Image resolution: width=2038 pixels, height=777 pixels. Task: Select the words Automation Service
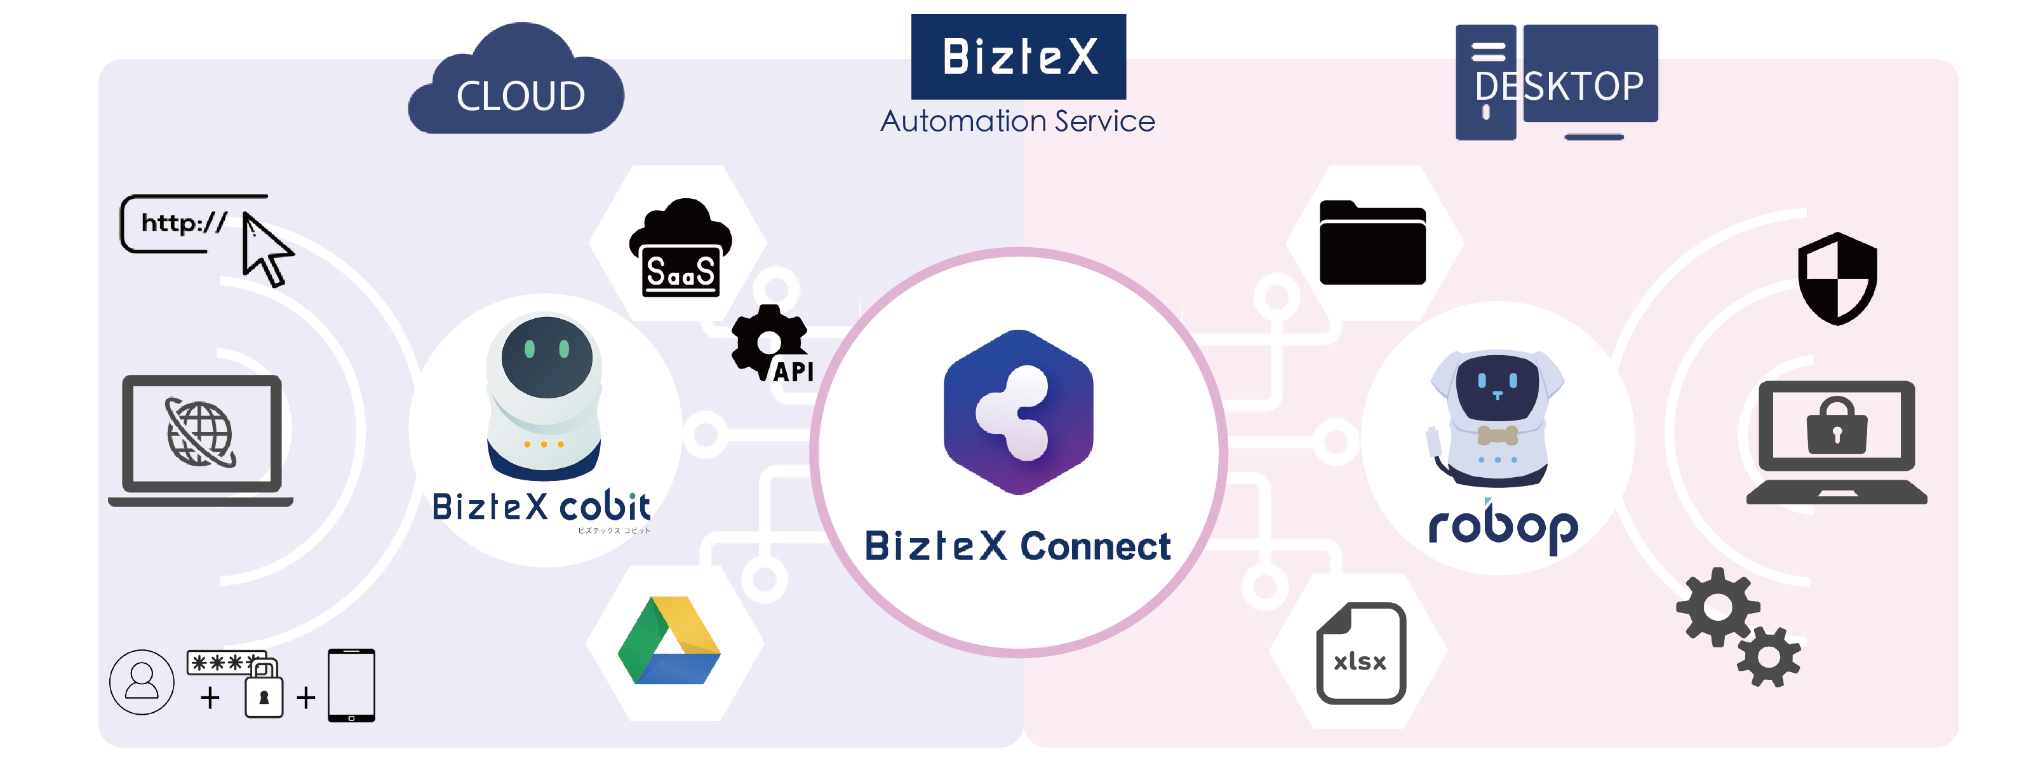(x=1017, y=121)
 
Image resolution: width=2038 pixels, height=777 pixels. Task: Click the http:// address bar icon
(x=184, y=223)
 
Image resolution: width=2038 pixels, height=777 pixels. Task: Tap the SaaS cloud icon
(x=680, y=249)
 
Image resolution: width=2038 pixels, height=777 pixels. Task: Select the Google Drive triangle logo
(x=669, y=642)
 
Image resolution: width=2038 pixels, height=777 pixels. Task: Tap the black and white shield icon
(x=1837, y=278)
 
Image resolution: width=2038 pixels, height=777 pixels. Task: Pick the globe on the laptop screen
(x=200, y=433)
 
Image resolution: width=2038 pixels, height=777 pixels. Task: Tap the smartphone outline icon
(x=351, y=686)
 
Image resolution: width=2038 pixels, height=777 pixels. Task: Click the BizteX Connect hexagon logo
(x=1018, y=412)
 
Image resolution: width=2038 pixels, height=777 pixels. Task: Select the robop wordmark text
(x=1503, y=525)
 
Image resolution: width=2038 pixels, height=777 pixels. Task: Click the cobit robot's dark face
(x=547, y=356)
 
